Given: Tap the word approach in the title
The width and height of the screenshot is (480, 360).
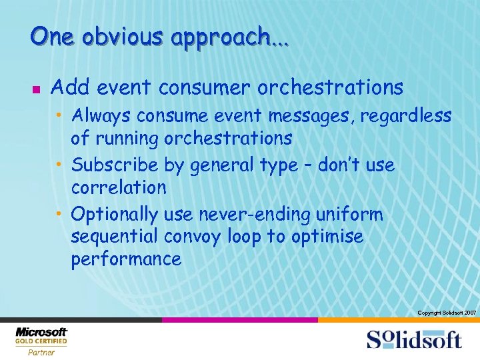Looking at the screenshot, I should [x=220, y=37].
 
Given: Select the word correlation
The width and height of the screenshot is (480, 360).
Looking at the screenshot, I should [x=119, y=187].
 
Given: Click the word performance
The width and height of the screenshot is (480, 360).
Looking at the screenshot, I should [x=126, y=259].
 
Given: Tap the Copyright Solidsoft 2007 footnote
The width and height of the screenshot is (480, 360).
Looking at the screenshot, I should [x=446, y=313].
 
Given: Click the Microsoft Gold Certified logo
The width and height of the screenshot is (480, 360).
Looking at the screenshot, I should [x=41, y=340].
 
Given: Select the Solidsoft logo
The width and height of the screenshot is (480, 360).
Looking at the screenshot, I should [x=413, y=339].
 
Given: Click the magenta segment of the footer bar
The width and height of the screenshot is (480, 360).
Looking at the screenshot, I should [x=239, y=320].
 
